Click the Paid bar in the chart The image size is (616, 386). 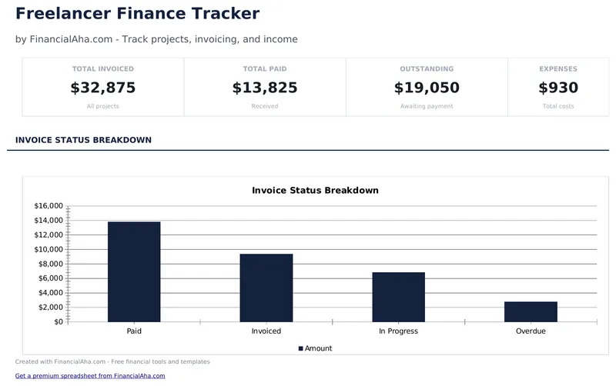134,271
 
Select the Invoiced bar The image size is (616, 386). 266,288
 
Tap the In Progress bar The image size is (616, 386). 398,297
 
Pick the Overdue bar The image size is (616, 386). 531,311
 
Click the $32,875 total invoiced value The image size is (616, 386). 103,88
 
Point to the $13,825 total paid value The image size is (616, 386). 265,88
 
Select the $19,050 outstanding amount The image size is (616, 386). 427,88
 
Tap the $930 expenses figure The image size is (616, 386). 557,88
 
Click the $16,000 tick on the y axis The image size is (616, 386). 49,206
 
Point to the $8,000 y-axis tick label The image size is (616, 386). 49,264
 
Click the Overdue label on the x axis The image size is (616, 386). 531,331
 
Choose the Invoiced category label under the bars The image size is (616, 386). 266,331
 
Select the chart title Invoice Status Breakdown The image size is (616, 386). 315,190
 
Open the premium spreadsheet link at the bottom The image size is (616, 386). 90,376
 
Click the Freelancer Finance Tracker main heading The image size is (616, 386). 137,14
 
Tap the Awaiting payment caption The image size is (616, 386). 427,106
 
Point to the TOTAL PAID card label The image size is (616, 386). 265,69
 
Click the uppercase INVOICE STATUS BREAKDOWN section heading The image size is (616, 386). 83,140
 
